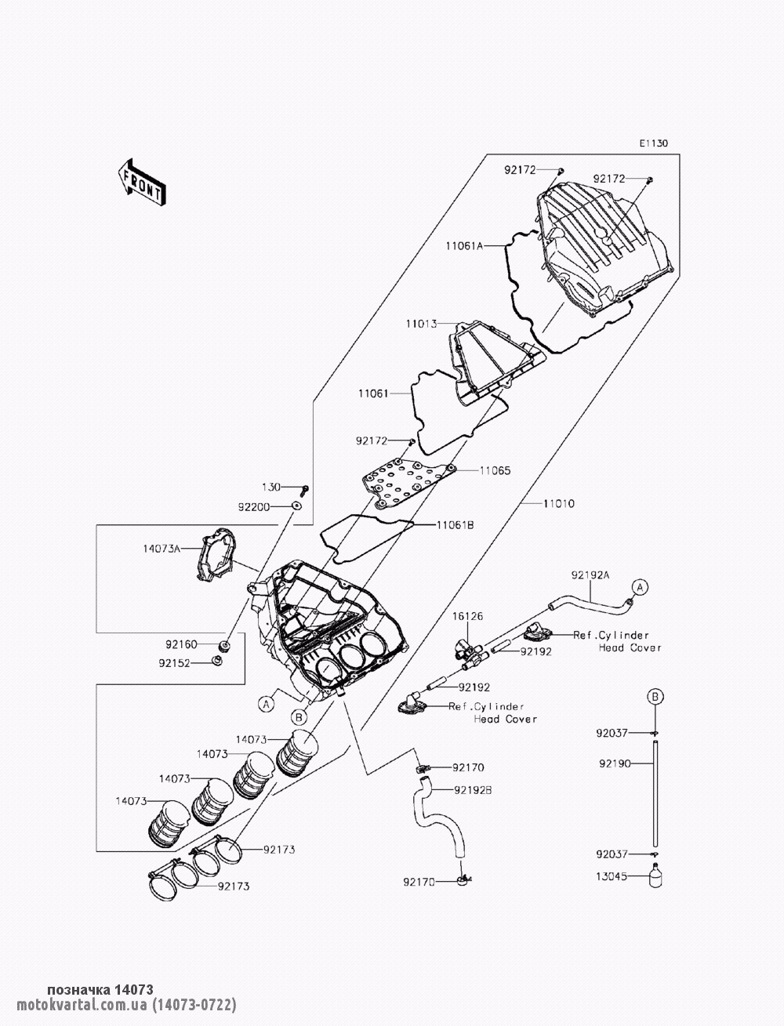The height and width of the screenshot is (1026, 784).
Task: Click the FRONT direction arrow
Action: (x=141, y=183)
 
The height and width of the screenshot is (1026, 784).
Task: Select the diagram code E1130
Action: (x=654, y=143)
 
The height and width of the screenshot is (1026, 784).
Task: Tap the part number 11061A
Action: (x=464, y=245)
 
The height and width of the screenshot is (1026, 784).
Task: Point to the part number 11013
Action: (x=421, y=324)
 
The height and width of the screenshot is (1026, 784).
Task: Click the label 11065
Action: (x=495, y=471)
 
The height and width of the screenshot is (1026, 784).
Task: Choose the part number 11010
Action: (x=559, y=503)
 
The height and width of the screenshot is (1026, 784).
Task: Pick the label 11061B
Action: (x=455, y=525)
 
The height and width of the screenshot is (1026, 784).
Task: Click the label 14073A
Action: (x=162, y=549)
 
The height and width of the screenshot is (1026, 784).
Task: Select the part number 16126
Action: (x=467, y=616)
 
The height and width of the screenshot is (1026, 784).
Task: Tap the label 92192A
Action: (x=590, y=575)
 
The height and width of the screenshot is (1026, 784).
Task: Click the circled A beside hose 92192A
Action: (x=640, y=586)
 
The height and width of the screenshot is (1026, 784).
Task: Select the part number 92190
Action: (x=615, y=763)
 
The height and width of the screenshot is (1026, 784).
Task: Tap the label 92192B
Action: (x=473, y=790)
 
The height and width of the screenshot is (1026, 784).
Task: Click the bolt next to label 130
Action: (x=305, y=490)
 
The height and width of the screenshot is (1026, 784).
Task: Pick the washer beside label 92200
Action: (x=295, y=505)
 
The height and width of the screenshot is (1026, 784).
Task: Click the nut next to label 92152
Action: (x=216, y=661)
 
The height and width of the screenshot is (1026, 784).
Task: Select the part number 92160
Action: (x=181, y=644)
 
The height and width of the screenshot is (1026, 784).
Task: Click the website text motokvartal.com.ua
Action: (x=82, y=1004)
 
